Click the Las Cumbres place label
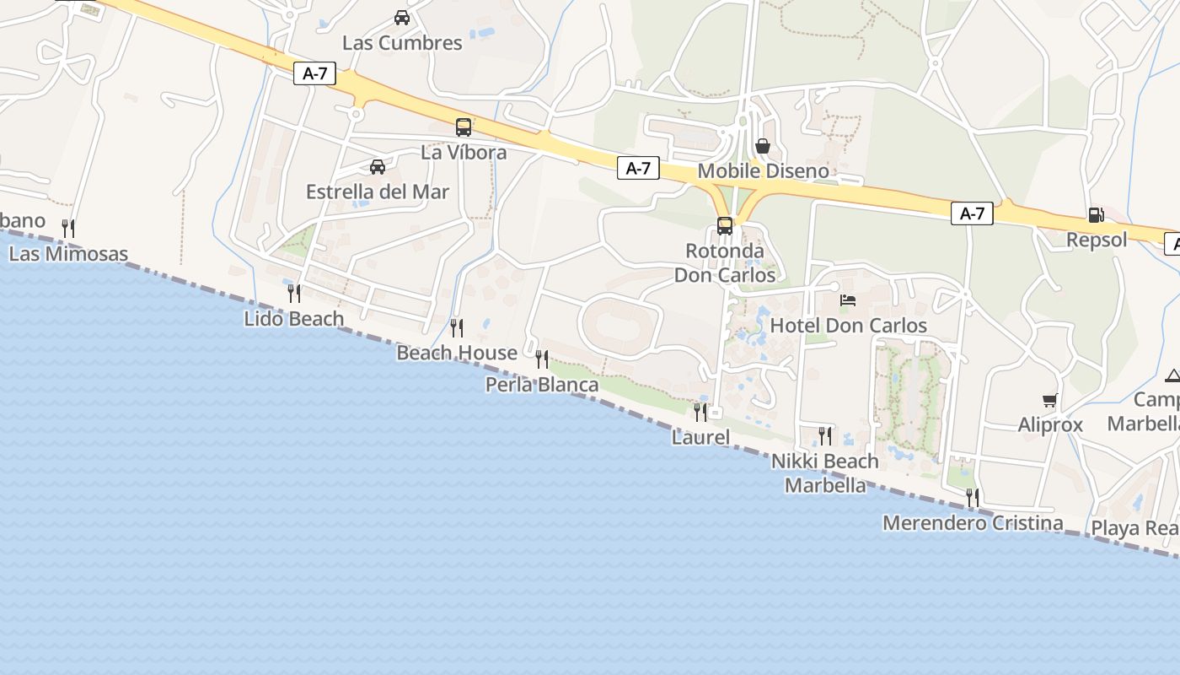402,43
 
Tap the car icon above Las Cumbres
402,18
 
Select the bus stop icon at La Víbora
464,127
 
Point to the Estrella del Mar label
378,192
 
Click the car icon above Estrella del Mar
378,167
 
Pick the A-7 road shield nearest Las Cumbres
315,73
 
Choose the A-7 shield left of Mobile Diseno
638,168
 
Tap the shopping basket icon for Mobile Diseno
763,146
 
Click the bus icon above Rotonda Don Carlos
725,226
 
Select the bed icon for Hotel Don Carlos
848,300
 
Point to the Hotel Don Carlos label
849,326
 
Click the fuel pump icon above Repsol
1096,215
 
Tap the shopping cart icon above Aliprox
1049,401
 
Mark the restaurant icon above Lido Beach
294,294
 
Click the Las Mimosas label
68,254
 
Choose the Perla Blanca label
542,385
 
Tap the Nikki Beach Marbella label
825,473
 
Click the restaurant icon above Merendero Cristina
973,498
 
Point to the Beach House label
457,353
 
